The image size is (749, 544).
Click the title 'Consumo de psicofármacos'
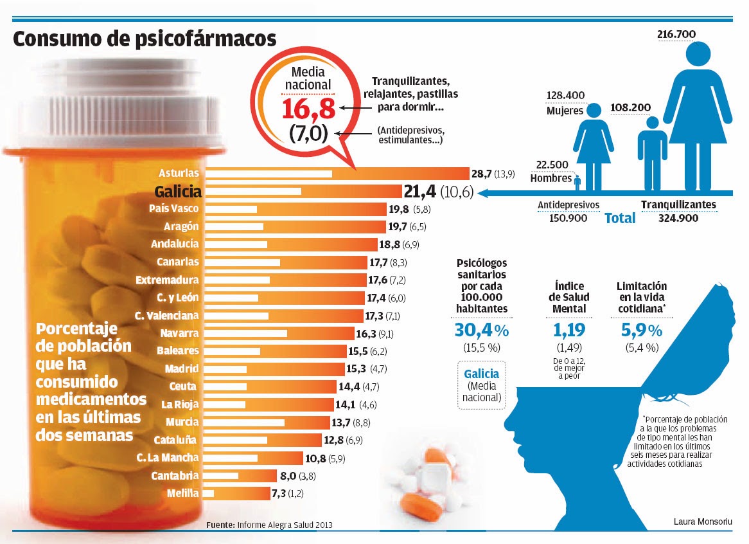click(145, 39)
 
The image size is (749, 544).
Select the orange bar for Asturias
click(337, 174)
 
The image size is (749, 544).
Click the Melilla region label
click(182, 493)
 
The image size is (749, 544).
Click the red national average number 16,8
click(309, 108)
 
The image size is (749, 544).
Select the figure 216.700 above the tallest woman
click(676, 33)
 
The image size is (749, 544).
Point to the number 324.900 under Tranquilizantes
click(678, 219)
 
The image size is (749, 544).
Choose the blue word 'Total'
click(620, 219)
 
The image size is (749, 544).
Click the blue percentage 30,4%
click(481, 331)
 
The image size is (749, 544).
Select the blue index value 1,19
click(570, 331)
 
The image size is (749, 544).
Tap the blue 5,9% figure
click(642, 331)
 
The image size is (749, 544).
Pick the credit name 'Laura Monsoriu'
click(703, 521)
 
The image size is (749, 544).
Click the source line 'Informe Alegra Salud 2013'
click(285, 525)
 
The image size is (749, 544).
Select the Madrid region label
click(182, 369)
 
